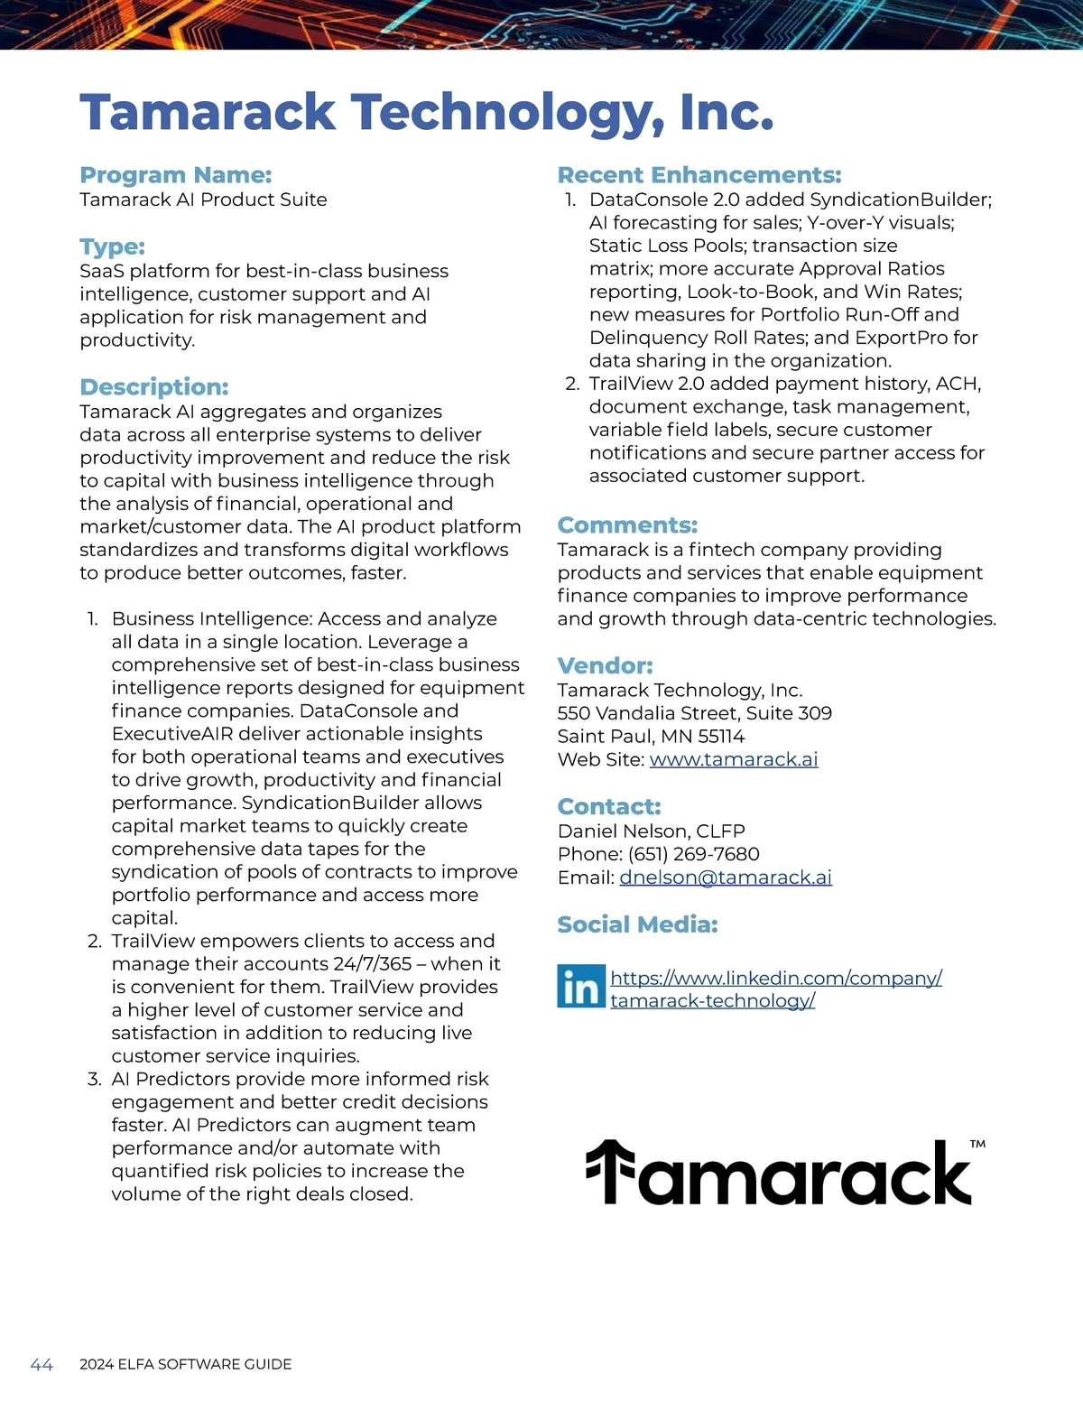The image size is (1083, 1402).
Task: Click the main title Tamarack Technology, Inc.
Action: coord(426,113)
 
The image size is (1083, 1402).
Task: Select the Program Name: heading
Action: coord(175,175)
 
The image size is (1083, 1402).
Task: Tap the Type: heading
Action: coord(112,246)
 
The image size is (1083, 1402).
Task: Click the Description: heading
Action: coord(153,387)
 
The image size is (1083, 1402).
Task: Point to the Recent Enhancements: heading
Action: coord(699,175)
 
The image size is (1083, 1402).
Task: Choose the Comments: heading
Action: coord(627,525)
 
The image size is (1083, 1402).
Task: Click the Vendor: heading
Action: coord(605,666)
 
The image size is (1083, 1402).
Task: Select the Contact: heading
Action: coord(608,807)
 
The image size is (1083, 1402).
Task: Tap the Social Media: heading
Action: coord(637,924)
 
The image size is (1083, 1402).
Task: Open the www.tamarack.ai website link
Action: coord(733,759)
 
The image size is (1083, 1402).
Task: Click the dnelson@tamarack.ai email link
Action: coord(725,877)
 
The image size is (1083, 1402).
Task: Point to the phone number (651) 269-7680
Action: coord(693,854)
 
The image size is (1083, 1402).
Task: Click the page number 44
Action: coord(42,1364)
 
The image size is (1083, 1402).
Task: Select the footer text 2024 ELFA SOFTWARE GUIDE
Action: coord(185,1364)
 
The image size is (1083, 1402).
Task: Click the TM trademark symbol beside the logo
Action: coord(977,1144)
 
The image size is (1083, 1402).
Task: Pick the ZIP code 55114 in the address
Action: coord(721,736)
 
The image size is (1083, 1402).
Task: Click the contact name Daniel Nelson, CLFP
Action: coord(651,831)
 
